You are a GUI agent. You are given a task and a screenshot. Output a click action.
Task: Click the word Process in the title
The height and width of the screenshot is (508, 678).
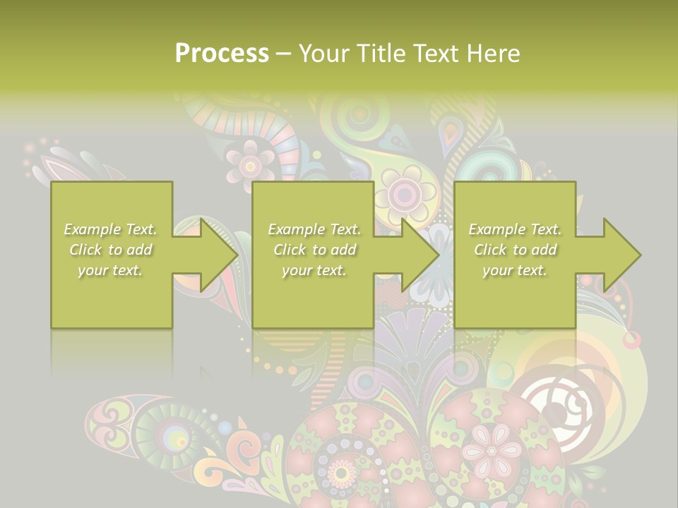click(222, 53)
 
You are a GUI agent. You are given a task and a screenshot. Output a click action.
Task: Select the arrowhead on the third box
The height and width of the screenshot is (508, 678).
click(614, 255)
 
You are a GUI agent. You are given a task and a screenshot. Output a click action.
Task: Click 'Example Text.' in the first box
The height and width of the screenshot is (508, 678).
click(111, 229)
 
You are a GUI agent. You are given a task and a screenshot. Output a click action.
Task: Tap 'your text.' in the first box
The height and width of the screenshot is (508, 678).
click(111, 270)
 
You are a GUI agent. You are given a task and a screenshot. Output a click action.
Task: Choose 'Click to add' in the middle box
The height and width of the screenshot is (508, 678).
click(314, 250)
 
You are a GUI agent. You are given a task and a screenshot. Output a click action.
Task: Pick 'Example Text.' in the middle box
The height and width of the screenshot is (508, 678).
click(314, 229)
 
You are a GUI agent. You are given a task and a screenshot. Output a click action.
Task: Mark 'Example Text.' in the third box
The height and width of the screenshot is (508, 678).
click(515, 229)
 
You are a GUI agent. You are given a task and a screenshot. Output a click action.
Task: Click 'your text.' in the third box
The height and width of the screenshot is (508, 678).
click(515, 270)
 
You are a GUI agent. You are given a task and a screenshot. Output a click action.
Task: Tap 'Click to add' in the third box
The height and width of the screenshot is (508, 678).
click(515, 250)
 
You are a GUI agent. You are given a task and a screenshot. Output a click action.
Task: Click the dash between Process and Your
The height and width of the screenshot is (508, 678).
click(283, 54)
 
